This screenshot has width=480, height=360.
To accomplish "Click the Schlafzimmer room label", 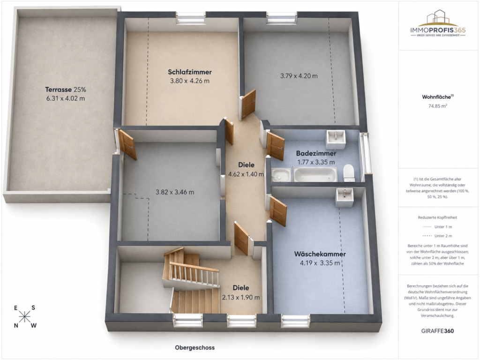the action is tap(190, 72).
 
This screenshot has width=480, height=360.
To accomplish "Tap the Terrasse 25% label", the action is tap(66, 90).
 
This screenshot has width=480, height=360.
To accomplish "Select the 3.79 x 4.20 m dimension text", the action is tap(299, 76).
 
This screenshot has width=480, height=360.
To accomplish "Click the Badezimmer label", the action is tap(316, 153).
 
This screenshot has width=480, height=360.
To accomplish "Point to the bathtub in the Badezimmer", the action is tap(315, 174).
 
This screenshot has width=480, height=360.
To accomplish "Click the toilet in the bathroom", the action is tap(349, 173).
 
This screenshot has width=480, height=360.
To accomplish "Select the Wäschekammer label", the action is tap(320, 254).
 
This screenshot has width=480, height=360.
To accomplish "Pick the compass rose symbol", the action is tap(24, 316).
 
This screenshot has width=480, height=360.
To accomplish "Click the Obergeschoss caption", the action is tap(195, 348).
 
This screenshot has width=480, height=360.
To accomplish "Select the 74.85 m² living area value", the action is tap(437, 106).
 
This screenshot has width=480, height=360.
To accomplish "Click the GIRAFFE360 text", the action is tap(437, 331).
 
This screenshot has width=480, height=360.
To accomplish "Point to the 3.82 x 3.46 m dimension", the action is tap(175, 192).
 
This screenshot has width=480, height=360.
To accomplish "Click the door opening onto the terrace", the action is tap(127, 144).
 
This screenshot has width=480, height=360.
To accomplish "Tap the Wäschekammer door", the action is tap(278, 211).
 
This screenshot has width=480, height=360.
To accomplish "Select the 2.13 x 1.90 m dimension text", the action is tap(241, 297).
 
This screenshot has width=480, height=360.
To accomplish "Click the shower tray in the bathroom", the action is tap(281, 175).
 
